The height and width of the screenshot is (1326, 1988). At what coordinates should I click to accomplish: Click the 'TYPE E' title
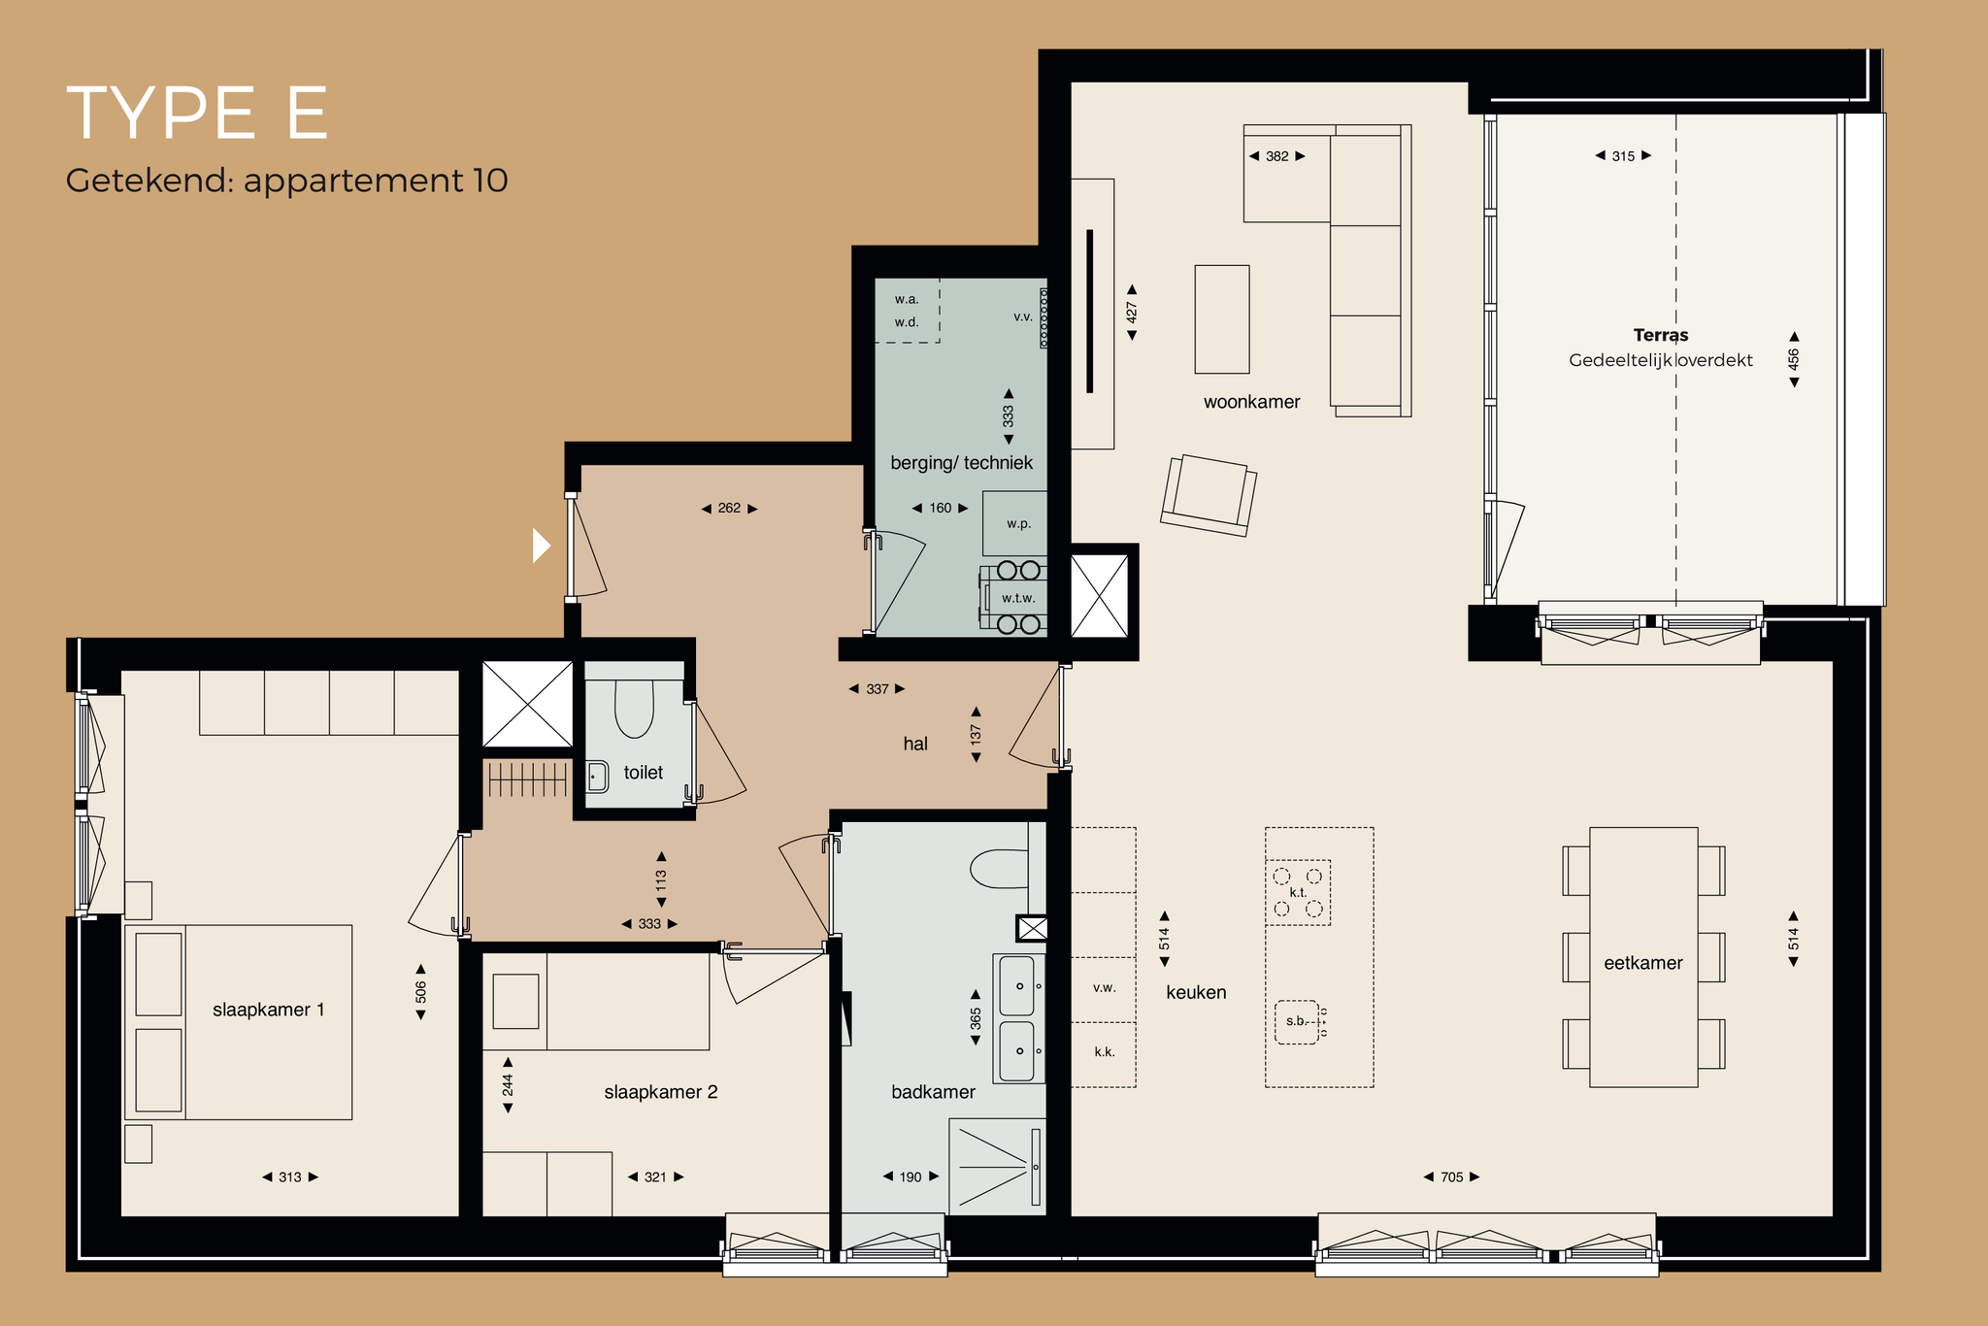pyautogui.click(x=197, y=114)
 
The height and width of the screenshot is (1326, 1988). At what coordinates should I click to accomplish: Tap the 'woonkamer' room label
pyautogui.click(x=1251, y=402)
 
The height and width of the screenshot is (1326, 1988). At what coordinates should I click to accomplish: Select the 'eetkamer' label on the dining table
pyautogui.click(x=1642, y=963)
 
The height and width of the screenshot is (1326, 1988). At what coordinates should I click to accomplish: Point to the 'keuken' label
pyautogui.click(x=1196, y=992)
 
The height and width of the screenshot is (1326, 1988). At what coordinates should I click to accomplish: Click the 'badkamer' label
pyautogui.click(x=933, y=1092)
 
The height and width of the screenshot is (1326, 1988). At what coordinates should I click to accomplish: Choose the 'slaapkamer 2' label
pyautogui.click(x=661, y=1092)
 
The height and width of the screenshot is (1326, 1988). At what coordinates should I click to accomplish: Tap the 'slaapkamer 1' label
pyautogui.click(x=269, y=1010)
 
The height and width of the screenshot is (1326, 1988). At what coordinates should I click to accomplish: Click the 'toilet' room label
pyautogui.click(x=644, y=773)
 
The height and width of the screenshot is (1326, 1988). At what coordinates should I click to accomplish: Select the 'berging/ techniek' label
pyautogui.click(x=962, y=463)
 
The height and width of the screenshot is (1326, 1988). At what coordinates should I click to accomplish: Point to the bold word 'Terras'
pyautogui.click(x=1661, y=335)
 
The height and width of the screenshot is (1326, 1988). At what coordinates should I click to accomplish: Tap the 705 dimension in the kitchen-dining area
pyautogui.click(x=1451, y=1177)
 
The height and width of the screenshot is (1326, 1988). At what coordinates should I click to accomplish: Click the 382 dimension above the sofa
pyautogui.click(x=1276, y=156)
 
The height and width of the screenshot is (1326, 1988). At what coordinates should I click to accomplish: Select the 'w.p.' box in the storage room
pyautogui.click(x=1014, y=523)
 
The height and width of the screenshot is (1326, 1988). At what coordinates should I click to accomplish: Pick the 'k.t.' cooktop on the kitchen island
pyautogui.click(x=1298, y=892)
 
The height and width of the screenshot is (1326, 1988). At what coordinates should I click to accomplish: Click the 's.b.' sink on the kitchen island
pyautogui.click(x=1297, y=1022)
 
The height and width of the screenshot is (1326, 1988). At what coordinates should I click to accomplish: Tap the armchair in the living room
pyautogui.click(x=1209, y=495)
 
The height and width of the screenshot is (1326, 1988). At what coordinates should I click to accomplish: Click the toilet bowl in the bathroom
pyautogui.click(x=999, y=869)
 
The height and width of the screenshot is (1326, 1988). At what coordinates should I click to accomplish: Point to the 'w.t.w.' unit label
pyautogui.click(x=1018, y=598)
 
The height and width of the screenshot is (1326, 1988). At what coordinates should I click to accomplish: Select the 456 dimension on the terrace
pyautogui.click(x=1794, y=359)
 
